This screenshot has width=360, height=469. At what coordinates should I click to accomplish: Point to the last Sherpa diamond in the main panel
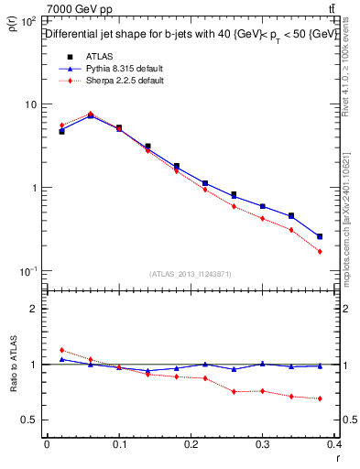coord(320,251)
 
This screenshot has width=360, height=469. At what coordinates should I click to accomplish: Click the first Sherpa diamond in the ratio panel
coord(61,350)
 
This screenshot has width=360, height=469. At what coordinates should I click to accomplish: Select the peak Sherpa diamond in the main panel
coord(90,114)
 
